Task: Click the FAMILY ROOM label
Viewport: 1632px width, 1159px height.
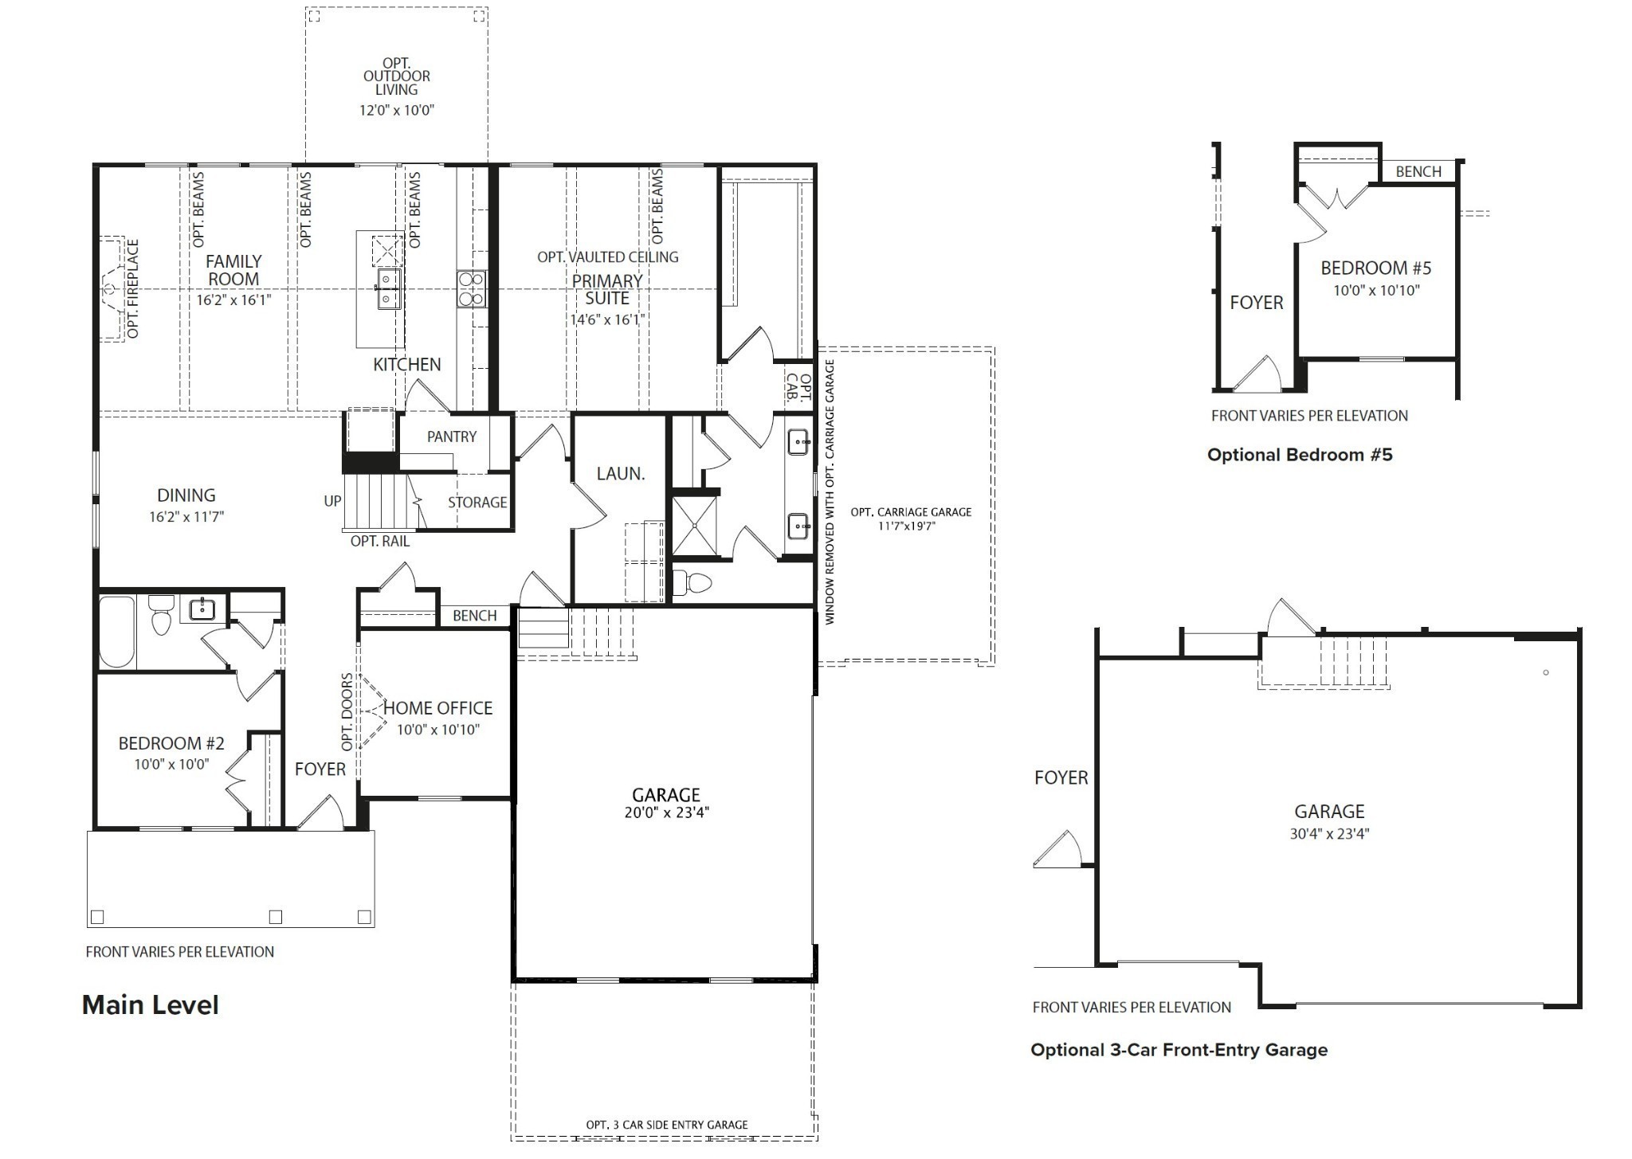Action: [x=233, y=270]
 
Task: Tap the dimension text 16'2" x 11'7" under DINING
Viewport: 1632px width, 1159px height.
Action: [x=186, y=516]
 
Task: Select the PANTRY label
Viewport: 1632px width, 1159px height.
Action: [x=451, y=437]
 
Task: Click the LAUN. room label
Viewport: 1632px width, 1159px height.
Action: [x=621, y=473]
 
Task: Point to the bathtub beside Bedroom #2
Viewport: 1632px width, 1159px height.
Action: [x=116, y=631]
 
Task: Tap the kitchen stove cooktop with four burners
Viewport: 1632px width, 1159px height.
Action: [x=471, y=288]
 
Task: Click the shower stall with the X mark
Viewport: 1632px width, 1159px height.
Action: [x=694, y=525]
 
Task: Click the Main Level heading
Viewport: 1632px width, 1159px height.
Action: [x=150, y=1004]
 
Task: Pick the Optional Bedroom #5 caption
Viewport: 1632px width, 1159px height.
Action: [x=1300, y=455]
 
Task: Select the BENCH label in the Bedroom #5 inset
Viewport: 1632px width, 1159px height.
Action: [x=1418, y=171]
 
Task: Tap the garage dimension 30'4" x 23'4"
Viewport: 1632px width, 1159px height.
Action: [x=1329, y=834]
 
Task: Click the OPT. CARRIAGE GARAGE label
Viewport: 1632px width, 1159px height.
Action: [x=911, y=512]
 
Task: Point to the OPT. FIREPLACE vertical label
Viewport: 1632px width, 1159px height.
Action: [x=133, y=288]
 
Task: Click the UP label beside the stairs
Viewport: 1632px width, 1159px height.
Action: [x=332, y=501]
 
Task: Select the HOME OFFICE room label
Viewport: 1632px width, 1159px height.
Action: [x=437, y=707]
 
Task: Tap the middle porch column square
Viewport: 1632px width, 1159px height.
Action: [x=276, y=916]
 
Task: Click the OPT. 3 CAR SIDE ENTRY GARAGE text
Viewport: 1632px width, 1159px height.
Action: [x=666, y=1125]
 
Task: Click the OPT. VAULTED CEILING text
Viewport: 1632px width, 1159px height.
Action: [x=607, y=256]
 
